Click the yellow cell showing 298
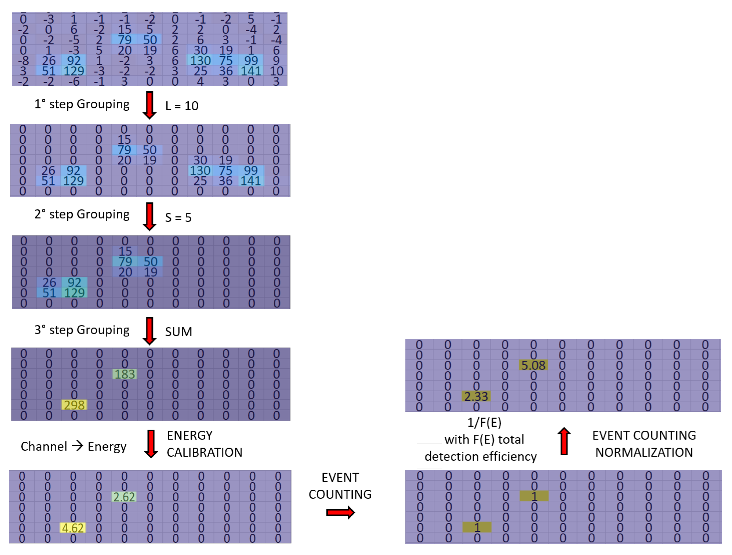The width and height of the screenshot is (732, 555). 74,405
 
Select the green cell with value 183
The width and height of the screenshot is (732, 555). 125,374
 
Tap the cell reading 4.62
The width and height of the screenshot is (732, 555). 73,528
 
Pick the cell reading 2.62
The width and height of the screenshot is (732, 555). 124,497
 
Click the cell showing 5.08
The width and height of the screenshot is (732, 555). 533,365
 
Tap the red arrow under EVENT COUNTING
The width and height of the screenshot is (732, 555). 340,513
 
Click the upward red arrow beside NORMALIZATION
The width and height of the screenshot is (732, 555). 564,441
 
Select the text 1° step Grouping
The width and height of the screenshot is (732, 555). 82,104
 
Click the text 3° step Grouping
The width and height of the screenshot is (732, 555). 82,330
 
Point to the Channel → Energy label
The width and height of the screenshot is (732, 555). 73,446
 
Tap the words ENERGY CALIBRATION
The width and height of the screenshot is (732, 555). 204,444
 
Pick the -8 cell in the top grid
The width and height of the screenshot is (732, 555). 23,61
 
